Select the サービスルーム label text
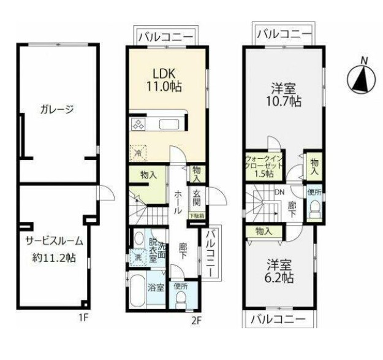click(54, 241)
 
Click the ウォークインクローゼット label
click(264, 165)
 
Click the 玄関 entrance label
click(197, 197)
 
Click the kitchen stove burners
click(138, 125)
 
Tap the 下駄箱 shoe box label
click(197, 215)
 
